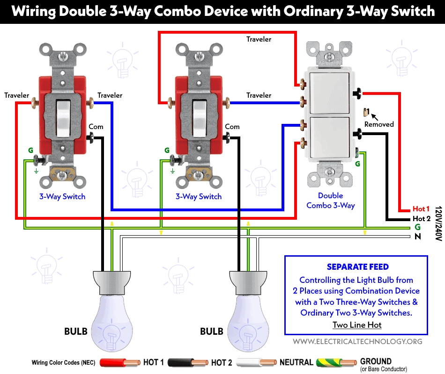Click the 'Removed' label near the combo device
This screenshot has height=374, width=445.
click(379, 124)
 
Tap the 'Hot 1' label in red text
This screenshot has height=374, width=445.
click(421, 209)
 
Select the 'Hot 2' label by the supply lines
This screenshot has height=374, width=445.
click(421, 218)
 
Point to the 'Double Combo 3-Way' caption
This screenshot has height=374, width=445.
click(330, 201)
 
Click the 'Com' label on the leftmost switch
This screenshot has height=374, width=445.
click(96, 127)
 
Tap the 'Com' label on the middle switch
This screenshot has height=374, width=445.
click(232, 127)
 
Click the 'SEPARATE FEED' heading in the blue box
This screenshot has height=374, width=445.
click(357, 267)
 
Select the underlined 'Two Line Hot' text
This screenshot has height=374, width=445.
click(357, 325)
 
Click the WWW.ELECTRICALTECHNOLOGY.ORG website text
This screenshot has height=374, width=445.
click(357, 342)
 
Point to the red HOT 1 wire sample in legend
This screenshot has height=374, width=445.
click(119, 362)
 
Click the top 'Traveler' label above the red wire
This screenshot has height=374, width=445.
click(259, 39)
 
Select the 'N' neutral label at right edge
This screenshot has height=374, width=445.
click(417, 237)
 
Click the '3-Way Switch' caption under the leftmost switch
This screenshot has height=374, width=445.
click(62, 196)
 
